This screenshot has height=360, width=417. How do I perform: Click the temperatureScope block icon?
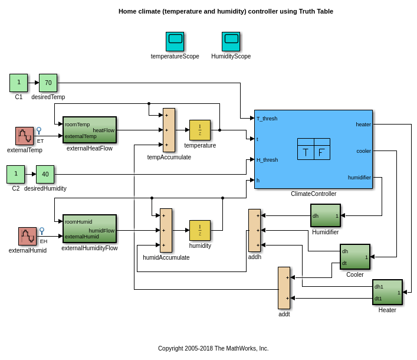175,41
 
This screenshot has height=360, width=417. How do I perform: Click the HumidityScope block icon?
231,41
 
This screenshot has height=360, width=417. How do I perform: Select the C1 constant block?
18,83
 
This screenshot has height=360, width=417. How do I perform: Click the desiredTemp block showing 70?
48,83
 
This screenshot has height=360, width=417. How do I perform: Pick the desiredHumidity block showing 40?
45,174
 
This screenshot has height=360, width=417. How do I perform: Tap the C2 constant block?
15,174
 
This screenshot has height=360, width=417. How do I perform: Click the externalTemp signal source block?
24,136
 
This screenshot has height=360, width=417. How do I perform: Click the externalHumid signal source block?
27,236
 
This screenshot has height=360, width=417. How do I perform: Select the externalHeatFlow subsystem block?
90,130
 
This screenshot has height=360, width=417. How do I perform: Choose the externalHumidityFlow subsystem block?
90,228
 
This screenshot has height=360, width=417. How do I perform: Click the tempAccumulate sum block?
169,130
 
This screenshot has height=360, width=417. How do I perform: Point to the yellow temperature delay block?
199,130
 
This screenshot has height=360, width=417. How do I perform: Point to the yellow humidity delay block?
199,230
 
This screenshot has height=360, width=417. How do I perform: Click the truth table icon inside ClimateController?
313,149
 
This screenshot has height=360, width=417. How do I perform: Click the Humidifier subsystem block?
325,215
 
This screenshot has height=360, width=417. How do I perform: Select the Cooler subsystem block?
354,257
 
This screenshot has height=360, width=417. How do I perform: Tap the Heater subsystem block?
387,292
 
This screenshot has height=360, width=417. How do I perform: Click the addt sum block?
284,287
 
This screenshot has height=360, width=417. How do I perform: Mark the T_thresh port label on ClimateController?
267,119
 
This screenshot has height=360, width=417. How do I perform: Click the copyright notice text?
213,348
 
